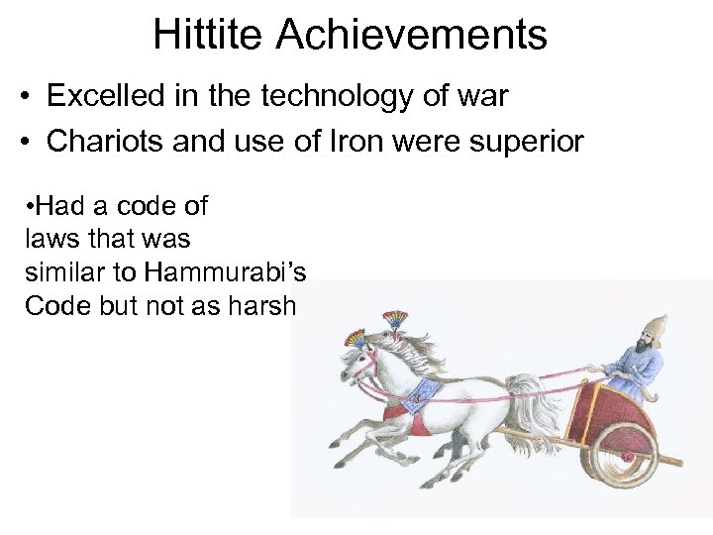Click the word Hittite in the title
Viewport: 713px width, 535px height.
point(209,35)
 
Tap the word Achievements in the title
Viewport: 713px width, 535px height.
point(411,35)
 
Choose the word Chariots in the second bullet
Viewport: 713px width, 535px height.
point(104,141)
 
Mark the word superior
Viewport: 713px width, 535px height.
point(529,141)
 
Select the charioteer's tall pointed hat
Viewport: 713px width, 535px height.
point(655,330)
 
